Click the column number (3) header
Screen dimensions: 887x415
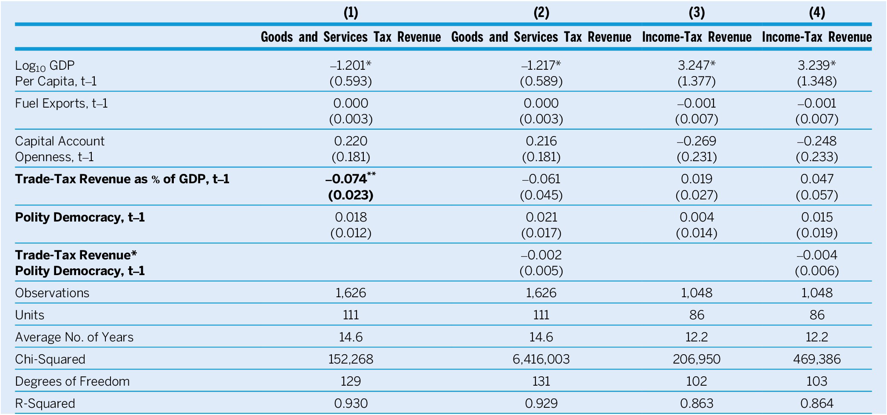697,13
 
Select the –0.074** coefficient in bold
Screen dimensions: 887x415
351,179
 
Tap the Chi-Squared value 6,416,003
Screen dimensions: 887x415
541,359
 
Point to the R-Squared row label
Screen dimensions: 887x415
45,403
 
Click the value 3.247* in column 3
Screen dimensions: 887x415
697,65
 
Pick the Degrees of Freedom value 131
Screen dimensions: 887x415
541,381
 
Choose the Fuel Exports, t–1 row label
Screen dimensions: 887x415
61,103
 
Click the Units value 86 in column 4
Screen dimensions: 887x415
817,315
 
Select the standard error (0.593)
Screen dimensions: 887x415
351,81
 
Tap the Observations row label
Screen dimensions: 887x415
52,293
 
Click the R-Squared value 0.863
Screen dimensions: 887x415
697,403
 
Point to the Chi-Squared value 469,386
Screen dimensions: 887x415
817,359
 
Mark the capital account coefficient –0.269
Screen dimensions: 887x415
697,141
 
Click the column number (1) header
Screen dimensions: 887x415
351,13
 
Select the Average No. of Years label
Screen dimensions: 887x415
74,337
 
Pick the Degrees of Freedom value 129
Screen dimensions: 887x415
351,381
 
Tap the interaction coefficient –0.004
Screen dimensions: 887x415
817,255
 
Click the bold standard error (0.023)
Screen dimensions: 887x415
351,195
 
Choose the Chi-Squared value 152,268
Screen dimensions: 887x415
351,359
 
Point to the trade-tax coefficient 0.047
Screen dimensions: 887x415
817,179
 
